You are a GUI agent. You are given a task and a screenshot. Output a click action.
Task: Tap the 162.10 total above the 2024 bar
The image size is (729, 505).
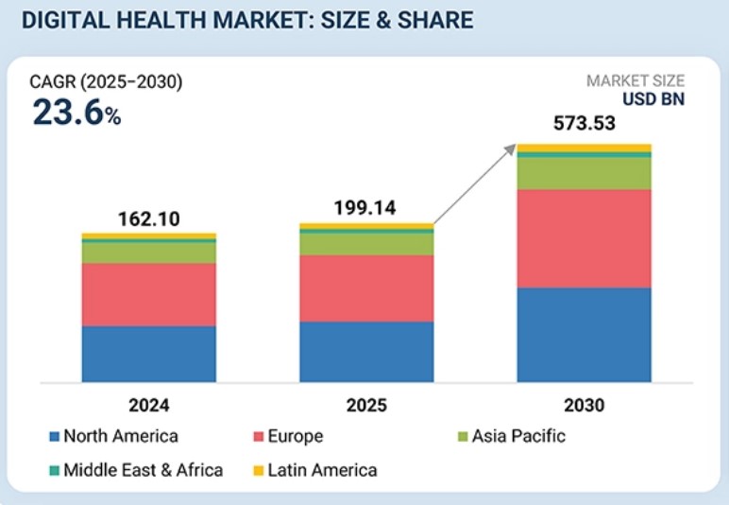(148, 218)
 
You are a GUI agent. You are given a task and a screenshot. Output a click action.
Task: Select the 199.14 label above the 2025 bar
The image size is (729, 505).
(366, 209)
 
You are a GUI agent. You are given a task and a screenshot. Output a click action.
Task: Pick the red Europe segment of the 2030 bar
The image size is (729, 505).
(584, 238)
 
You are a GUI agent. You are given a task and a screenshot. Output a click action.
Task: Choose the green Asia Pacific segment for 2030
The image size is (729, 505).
(584, 173)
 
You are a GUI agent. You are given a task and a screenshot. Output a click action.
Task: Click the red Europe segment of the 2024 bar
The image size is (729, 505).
(148, 294)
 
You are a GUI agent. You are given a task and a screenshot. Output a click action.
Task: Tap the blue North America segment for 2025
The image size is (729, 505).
(366, 352)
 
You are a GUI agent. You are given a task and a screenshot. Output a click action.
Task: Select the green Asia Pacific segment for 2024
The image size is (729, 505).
(148, 252)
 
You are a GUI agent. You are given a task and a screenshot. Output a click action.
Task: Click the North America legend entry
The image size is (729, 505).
(113, 437)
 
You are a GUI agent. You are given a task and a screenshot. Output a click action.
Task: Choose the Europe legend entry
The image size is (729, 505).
(288, 437)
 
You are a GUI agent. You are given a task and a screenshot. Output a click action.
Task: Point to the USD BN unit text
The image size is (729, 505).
(653, 99)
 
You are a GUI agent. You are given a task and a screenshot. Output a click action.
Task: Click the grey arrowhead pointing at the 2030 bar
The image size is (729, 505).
(512, 148)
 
